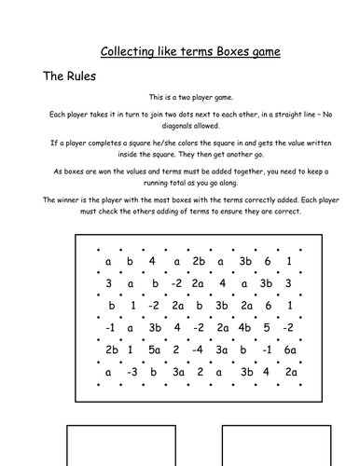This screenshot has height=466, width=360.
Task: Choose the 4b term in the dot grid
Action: [x=245, y=327]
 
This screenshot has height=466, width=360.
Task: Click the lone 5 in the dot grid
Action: [x=269, y=327]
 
